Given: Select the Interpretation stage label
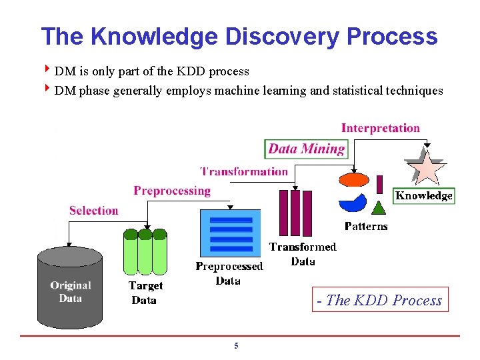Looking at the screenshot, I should point(381,128).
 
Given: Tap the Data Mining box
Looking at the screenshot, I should point(307,149).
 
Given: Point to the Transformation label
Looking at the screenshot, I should point(244,171).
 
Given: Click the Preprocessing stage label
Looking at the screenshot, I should point(172,191).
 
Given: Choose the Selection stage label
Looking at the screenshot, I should point(93,211).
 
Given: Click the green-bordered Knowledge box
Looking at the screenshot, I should point(424,195).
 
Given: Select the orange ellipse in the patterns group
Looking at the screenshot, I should point(353,180).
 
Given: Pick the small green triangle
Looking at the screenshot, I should point(379,207).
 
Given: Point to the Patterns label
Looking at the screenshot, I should point(366,226).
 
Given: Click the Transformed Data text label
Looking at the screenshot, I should point(303,254).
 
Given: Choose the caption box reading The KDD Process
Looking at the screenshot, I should point(379,300).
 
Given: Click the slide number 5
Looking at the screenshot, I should point(236,346).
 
